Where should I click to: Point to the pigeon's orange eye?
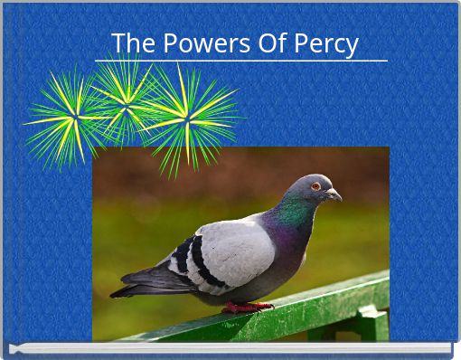[316, 185]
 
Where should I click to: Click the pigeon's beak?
[334, 194]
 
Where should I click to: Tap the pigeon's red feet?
[245, 307]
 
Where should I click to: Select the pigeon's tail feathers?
[136, 289]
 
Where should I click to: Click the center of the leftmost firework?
[75, 117]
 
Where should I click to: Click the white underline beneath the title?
[240, 61]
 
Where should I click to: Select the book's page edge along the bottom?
[230, 348]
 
